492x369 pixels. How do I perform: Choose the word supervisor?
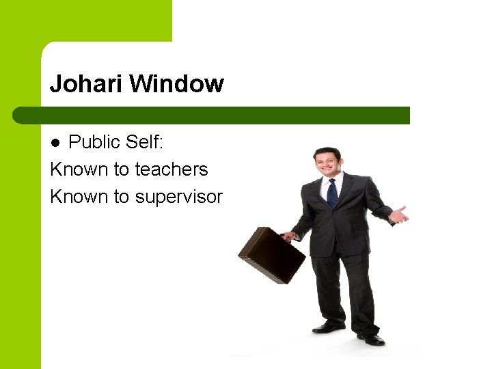[179, 197]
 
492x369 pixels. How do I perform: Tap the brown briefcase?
[271, 255]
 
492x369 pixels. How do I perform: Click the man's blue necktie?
[332, 192]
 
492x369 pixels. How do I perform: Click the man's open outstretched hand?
[398, 216]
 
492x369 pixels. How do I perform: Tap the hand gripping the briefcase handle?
[290, 236]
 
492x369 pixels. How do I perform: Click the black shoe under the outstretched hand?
[372, 338]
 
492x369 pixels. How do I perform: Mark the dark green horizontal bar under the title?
[212, 115]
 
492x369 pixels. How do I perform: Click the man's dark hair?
[327, 150]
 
